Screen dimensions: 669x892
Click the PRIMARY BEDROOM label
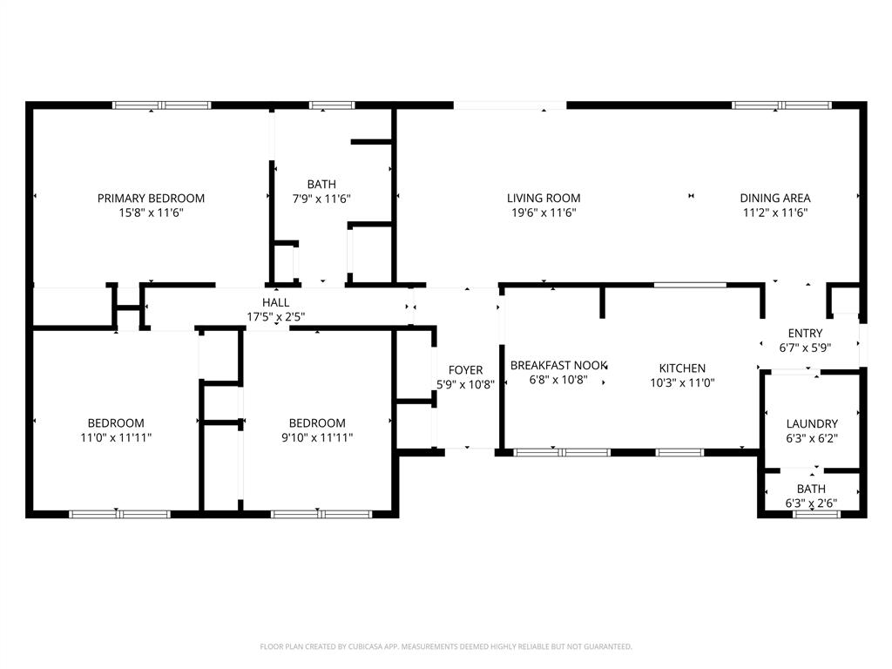tap(151, 198)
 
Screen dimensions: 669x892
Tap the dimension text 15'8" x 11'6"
tap(151, 213)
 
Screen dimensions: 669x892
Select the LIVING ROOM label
tap(544, 198)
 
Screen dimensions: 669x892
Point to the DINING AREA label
tap(775, 198)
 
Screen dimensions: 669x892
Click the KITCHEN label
tap(682, 368)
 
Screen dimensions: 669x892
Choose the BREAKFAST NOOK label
tap(558, 365)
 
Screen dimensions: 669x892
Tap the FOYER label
tap(465, 370)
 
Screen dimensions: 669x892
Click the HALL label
tap(276, 302)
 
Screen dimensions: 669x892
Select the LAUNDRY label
tap(812, 423)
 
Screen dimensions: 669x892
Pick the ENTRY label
tap(805, 333)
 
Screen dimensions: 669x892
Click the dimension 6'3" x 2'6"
tap(812, 503)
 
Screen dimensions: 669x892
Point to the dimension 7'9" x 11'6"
tap(321, 199)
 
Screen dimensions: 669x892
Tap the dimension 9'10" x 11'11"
tap(317, 438)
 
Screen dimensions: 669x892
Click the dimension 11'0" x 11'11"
tap(116, 438)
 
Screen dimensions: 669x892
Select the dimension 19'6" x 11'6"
tap(544, 213)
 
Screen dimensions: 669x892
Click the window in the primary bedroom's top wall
tap(162, 105)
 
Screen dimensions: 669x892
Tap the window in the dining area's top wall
tap(781, 105)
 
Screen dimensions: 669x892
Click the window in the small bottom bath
tap(816, 514)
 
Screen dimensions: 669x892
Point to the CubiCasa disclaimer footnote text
tap(446, 646)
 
